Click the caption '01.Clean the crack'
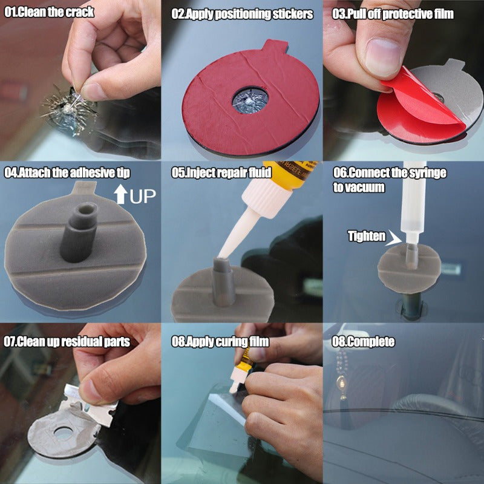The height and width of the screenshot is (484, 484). [49, 11]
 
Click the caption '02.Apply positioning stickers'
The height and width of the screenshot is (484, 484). [242, 14]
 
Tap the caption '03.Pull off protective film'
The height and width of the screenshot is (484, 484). [393, 14]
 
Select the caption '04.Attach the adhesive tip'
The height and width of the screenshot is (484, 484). [67, 173]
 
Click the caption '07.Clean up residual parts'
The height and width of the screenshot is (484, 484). [67, 342]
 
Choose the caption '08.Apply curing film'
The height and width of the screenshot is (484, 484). [220, 342]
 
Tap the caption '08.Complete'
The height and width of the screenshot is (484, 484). [363, 342]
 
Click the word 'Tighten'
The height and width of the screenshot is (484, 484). [367, 236]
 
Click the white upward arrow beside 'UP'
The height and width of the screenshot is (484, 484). [119, 195]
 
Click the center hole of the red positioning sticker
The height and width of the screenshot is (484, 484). [250, 99]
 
